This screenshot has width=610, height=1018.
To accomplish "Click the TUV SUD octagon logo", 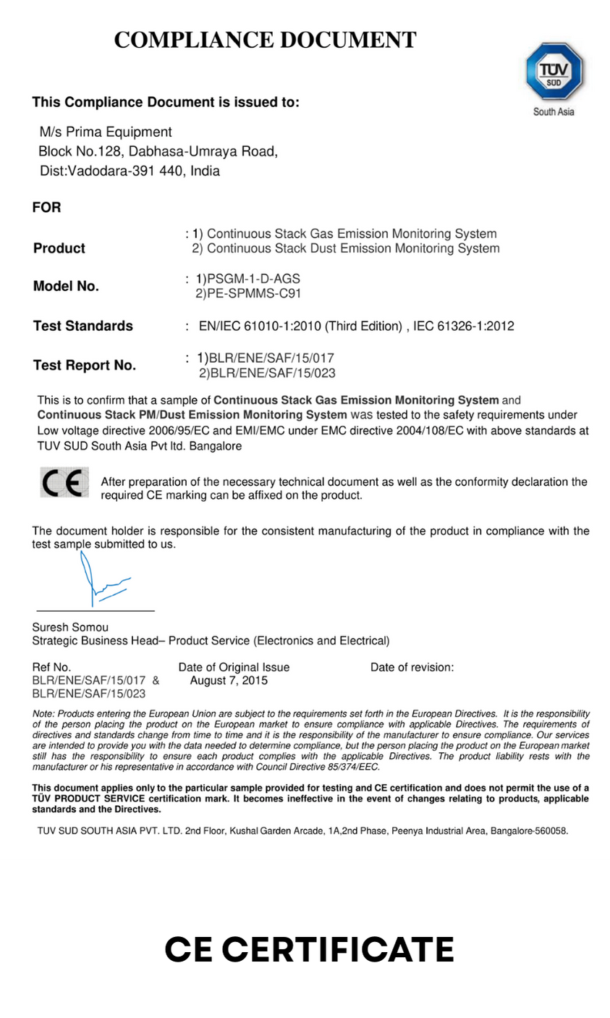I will click(554, 71).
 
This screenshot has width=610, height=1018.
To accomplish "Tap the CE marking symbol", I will click(64, 483).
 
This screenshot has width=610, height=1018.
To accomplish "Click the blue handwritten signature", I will click(101, 580).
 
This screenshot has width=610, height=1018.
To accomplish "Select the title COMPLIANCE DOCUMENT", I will click(265, 39).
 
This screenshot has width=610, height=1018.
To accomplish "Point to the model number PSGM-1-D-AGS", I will click(253, 279).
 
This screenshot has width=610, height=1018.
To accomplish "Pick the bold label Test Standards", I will click(83, 326).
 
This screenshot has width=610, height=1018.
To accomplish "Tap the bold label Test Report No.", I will click(85, 366).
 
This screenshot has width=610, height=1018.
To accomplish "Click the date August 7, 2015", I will click(229, 681).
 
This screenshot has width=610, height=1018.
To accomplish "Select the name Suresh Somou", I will click(70, 627).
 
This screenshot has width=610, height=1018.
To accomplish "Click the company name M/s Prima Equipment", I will click(106, 132).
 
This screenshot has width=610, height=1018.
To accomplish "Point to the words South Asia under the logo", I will click(554, 112).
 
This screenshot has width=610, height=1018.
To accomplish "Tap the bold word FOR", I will click(47, 208).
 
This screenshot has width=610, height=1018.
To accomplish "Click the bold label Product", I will click(59, 248).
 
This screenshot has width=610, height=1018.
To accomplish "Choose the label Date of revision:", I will click(412, 668).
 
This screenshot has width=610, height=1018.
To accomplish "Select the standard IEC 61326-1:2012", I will click(464, 326).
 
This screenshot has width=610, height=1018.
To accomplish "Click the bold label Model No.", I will click(66, 286).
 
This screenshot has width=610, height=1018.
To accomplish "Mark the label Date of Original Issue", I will click(234, 668).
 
